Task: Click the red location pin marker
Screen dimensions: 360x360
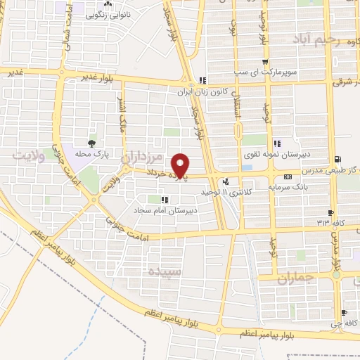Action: (x=181, y=165)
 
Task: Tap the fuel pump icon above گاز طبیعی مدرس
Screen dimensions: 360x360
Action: (x=340, y=159)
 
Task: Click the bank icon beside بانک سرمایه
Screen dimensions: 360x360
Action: (x=288, y=176)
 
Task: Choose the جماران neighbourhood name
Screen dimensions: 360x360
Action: (x=292, y=280)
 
